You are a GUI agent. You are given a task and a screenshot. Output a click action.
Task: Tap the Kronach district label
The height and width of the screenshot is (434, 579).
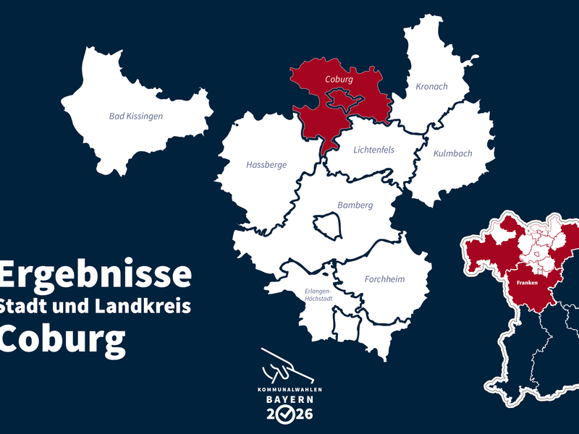[x=431, y=86]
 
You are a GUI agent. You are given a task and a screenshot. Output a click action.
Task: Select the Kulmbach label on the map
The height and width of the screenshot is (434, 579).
[x=452, y=153]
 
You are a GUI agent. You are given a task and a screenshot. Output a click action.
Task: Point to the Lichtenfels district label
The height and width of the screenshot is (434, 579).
[x=373, y=150]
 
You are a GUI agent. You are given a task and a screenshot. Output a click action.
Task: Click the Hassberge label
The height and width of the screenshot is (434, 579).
[x=266, y=165]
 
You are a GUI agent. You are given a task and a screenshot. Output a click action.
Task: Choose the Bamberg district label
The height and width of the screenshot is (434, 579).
[x=355, y=205]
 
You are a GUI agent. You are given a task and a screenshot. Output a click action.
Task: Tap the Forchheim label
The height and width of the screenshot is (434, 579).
[x=384, y=279]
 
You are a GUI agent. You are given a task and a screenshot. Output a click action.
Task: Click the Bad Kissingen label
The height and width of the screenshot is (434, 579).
[x=136, y=116]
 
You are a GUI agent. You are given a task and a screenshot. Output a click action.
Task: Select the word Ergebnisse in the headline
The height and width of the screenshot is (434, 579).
[x=96, y=275]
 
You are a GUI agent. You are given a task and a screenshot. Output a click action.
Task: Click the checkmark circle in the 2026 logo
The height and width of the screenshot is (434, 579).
[x=289, y=414]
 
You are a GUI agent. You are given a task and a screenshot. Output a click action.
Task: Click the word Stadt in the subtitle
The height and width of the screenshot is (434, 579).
[x=25, y=306]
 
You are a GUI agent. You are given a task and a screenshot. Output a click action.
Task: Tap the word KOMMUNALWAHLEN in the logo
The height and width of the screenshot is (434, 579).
[x=289, y=389]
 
